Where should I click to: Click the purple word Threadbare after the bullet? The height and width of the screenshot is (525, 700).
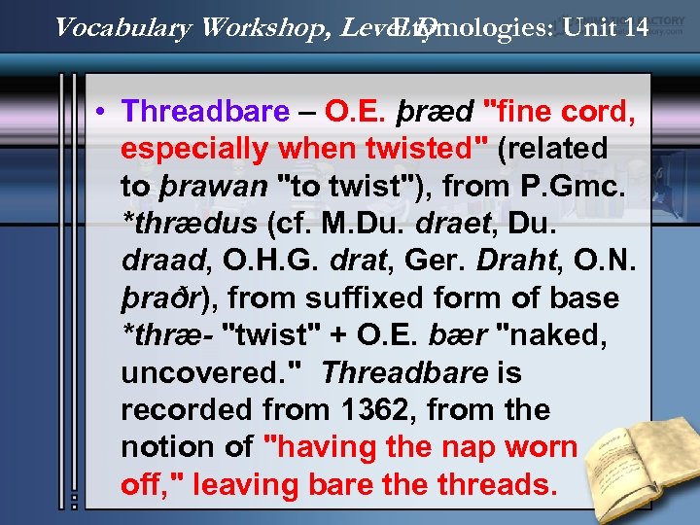click(x=205, y=112)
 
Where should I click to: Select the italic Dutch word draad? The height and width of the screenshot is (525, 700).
click(x=157, y=262)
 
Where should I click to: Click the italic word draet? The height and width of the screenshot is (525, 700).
click(x=459, y=224)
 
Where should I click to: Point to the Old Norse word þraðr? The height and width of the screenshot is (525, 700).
click(x=160, y=298)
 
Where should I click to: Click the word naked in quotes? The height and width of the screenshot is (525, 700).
click(x=554, y=335)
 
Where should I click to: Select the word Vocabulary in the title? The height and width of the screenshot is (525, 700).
click(x=123, y=26)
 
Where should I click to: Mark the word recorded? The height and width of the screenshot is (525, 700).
click(x=176, y=410)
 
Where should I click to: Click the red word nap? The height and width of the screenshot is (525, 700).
click(x=467, y=447)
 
